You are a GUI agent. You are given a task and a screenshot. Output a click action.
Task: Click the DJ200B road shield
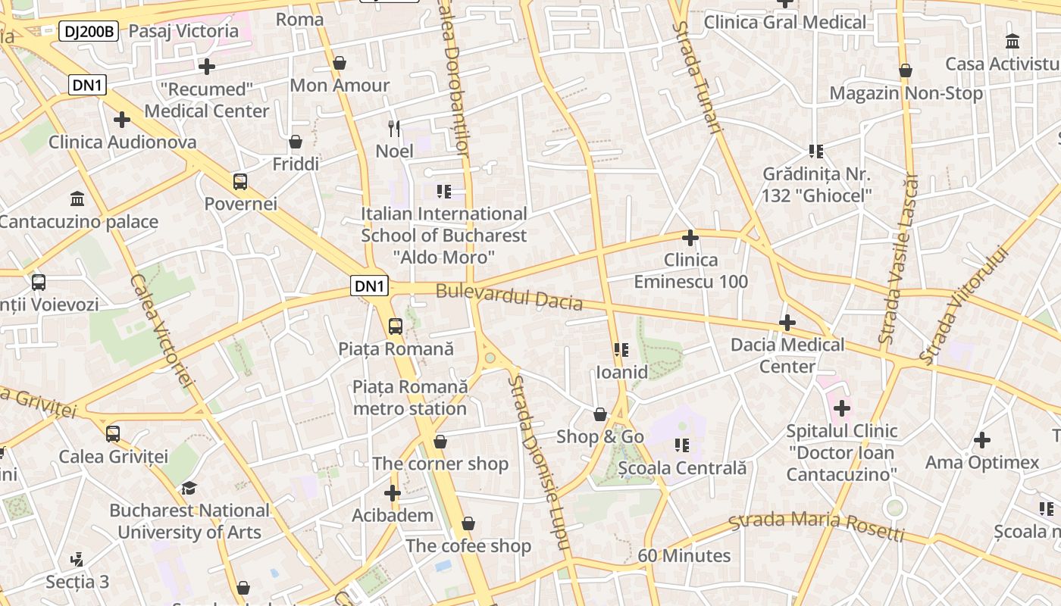89,31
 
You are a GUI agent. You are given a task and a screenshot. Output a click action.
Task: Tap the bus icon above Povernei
240,182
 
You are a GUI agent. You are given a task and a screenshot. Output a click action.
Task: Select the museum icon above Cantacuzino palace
77,199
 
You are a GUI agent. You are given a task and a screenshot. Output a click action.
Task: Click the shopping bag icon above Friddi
296,142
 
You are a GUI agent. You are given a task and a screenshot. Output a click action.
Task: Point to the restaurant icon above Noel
394,128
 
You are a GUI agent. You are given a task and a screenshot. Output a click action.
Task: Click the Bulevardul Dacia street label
509,297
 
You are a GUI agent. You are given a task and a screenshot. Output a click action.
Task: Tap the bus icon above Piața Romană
395,326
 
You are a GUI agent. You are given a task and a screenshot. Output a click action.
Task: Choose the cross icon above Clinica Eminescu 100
690,239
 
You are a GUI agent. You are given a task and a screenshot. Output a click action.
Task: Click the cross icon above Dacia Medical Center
787,323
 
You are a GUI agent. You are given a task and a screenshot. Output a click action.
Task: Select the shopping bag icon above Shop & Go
599,414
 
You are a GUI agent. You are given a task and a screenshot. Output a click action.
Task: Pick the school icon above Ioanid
621,350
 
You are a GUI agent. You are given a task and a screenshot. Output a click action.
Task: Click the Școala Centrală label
682,468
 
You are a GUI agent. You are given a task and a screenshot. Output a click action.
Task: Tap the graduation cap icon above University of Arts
189,489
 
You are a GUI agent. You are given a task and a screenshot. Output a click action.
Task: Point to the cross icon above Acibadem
393,494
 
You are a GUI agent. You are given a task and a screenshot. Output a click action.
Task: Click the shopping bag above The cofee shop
468,523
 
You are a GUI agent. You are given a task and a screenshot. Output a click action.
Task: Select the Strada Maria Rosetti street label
816,524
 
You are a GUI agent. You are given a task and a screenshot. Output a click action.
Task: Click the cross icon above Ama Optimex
982,440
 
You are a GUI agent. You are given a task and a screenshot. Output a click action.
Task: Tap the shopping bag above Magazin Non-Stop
906,71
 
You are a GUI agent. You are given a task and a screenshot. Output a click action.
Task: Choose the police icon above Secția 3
77,561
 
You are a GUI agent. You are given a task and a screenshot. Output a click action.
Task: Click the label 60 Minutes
684,556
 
